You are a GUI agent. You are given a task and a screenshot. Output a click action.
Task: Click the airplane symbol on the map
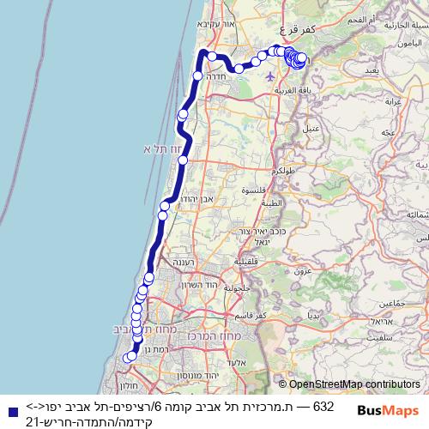tap(271, 76)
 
